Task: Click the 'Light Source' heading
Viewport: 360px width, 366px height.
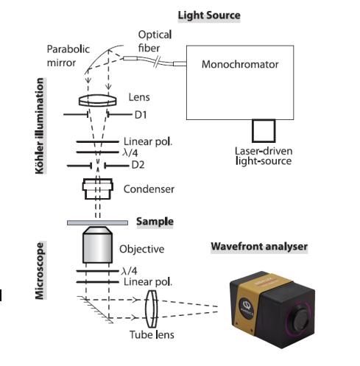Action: tap(209, 15)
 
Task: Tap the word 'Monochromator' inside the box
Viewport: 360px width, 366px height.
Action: tap(240, 64)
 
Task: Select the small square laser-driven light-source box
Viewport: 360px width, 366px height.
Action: tap(264, 131)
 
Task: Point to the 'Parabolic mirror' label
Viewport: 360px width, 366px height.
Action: tap(68, 56)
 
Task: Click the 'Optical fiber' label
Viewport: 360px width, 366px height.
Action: tap(155, 41)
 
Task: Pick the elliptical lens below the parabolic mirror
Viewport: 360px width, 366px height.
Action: tap(98, 100)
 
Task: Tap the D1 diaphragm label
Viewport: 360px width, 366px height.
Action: tap(141, 115)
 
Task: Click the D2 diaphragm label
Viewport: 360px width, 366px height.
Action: tap(138, 165)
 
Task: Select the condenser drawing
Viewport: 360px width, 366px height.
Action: tap(98, 189)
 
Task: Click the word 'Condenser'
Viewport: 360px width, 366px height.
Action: tap(149, 189)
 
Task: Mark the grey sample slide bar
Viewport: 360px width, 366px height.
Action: tap(97, 222)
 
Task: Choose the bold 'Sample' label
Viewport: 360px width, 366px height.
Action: tap(155, 222)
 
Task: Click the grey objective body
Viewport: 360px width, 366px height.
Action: tap(98, 244)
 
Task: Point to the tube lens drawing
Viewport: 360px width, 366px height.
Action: tap(151, 309)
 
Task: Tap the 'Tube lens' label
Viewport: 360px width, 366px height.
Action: tap(152, 335)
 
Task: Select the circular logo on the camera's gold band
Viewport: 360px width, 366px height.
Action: tap(245, 303)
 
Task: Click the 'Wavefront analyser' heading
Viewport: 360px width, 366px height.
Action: tap(259, 247)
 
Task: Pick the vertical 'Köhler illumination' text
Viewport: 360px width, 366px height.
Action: tap(39, 126)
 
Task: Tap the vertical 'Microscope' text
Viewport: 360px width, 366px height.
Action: tap(39, 271)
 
